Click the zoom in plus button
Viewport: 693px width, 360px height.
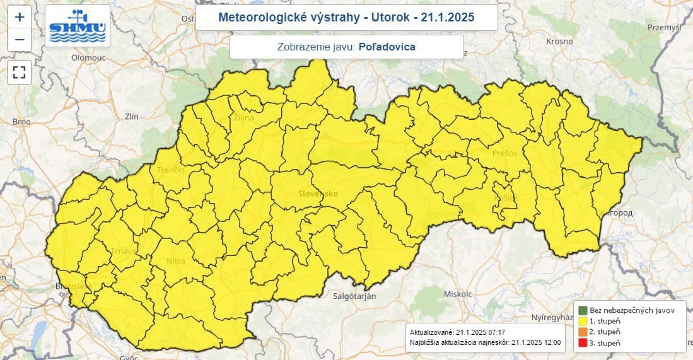(19, 17)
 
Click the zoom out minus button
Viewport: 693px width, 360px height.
(19, 40)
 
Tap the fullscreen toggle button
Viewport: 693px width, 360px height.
(19, 72)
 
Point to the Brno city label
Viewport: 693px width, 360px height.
(21, 122)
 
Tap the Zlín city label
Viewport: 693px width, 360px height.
(132, 117)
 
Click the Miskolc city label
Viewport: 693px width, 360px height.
(458, 294)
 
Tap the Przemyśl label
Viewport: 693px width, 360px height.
(665, 27)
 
